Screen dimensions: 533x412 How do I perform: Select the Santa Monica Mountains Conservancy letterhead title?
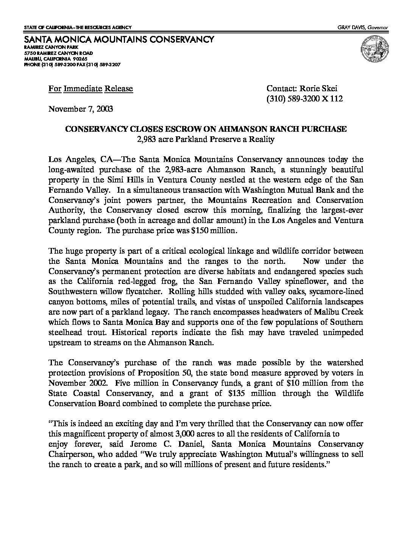click(x=119, y=39)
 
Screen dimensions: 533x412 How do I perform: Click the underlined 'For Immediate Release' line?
click(x=91, y=89)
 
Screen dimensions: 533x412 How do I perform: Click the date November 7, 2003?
click(x=81, y=109)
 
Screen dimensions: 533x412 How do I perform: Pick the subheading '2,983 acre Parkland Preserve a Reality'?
click(x=206, y=139)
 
